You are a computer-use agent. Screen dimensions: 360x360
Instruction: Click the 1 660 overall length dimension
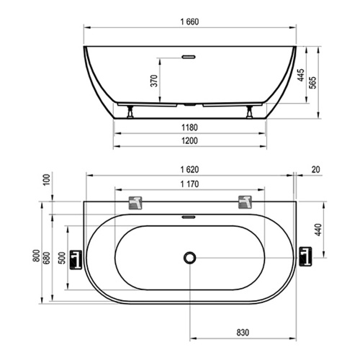[189, 22]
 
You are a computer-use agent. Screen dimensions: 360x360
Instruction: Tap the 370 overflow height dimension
[154, 81]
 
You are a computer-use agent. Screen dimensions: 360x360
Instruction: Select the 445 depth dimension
[301, 75]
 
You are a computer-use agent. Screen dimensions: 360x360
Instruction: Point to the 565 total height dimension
[312, 83]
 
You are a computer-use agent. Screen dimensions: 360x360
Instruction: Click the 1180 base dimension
[189, 127]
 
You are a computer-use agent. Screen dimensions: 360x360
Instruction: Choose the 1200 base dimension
[189, 140]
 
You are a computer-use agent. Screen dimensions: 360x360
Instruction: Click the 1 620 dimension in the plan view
[189, 170]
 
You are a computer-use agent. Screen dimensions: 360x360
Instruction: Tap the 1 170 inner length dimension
[189, 184]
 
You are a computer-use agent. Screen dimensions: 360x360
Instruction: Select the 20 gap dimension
[316, 170]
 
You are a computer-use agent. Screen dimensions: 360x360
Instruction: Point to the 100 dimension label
[47, 179]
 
